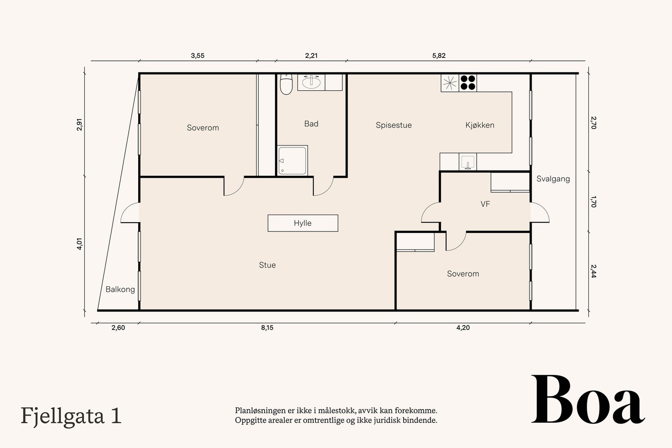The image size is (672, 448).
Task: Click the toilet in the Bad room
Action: pos(286,84)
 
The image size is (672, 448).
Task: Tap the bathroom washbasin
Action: pos(311,82)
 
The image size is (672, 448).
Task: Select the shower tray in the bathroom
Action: pos(292,160)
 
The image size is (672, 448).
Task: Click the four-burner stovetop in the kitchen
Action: pos(468,83)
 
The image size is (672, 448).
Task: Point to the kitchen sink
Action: pos(468,162)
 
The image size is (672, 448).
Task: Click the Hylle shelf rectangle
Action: pos(303,223)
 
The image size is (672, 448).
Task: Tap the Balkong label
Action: pos(120,289)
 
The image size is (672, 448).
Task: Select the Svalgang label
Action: pos(553,179)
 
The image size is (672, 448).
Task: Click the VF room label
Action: pos(485,204)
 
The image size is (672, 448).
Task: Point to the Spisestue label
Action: pos(394,126)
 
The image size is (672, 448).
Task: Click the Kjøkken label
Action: pos(480,125)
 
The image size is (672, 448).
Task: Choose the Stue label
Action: pos(267,265)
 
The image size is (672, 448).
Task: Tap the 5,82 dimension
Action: pos(439,55)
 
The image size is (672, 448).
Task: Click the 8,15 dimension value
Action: pos(267,328)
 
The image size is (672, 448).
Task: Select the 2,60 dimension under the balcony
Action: pos(118,328)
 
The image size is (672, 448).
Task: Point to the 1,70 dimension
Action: pos(593,202)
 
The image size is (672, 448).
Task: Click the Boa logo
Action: pos(588,399)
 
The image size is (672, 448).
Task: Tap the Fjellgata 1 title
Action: pos(71,417)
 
